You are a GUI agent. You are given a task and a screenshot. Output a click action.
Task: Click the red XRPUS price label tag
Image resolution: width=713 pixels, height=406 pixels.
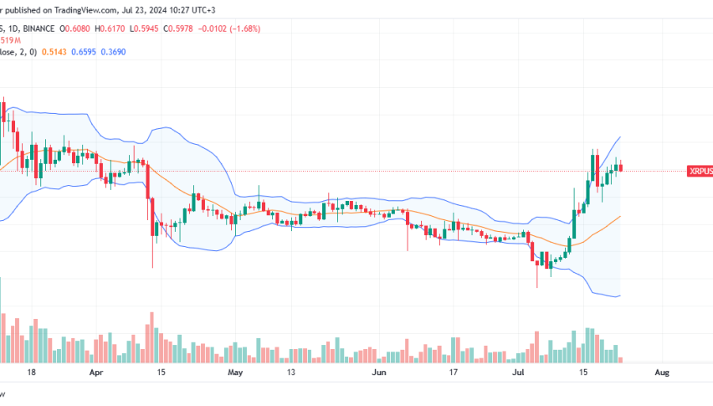[700, 171]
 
